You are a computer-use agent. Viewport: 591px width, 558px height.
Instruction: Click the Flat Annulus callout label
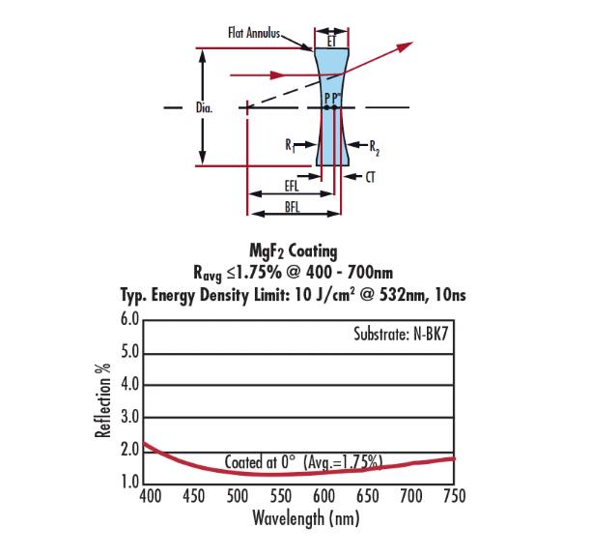pyautogui.click(x=254, y=33)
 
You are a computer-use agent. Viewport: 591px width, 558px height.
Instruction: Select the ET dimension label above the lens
pyautogui.click(x=331, y=42)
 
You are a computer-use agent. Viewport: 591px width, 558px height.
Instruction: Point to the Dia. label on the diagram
pyautogui.click(x=205, y=108)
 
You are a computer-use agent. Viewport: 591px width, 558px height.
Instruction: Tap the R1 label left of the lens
pyautogui.click(x=290, y=145)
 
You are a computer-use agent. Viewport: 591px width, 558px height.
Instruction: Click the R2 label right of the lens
pyautogui.click(x=375, y=148)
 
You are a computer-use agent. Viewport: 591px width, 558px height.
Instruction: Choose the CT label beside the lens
pyautogui.click(x=370, y=177)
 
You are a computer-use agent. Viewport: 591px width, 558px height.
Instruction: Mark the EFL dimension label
pyautogui.click(x=292, y=186)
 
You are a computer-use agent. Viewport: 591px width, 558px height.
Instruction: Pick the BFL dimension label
pyautogui.click(x=293, y=207)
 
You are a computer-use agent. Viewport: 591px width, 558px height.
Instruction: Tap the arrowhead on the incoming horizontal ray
pyautogui.click(x=278, y=74)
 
